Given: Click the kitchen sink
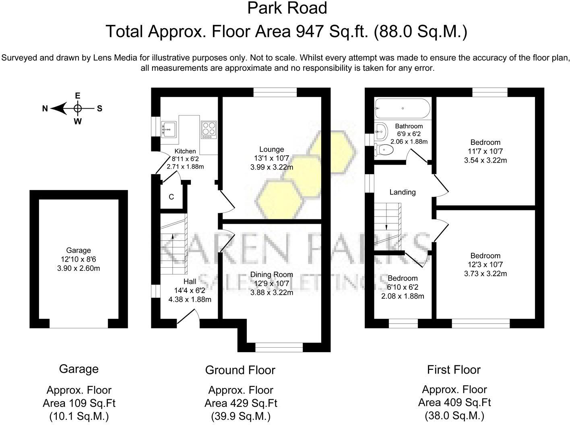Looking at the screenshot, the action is click(x=169, y=129).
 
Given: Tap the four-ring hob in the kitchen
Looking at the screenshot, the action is click(x=209, y=130).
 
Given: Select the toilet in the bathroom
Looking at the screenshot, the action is click(x=384, y=149).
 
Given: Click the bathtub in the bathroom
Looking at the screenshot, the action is click(x=402, y=108).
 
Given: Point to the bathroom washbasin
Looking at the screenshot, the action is click(x=381, y=131).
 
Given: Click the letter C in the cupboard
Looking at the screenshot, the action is click(x=171, y=197).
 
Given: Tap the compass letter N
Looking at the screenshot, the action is click(x=45, y=109).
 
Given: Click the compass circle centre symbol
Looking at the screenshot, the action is click(x=78, y=108).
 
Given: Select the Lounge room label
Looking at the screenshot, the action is click(x=272, y=149).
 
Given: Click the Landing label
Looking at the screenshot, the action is click(x=403, y=192).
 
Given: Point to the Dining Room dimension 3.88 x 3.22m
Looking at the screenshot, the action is click(x=272, y=293).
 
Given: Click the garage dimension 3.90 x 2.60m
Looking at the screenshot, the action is click(x=78, y=268).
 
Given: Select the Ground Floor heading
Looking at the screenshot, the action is click(x=240, y=370).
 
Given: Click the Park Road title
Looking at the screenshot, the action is click(x=287, y=8).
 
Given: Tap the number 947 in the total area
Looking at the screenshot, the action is click(x=310, y=32).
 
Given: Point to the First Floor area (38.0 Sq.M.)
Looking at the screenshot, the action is click(x=454, y=416).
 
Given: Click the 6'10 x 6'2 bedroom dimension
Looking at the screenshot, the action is click(x=403, y=287).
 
